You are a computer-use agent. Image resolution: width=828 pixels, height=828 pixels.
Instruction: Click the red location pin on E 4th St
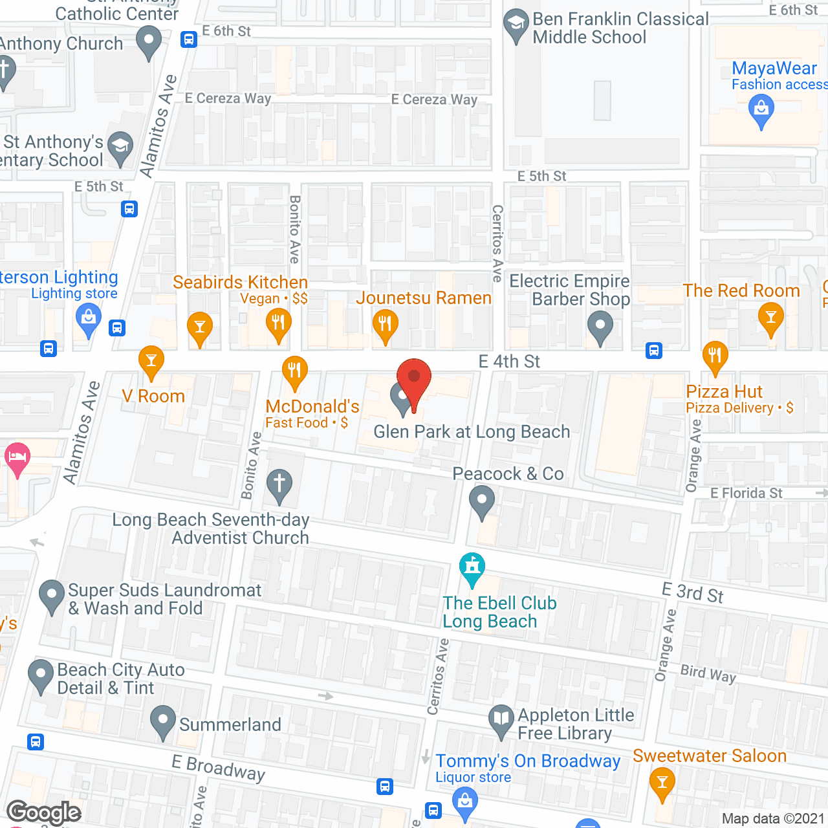[x=413, y=378]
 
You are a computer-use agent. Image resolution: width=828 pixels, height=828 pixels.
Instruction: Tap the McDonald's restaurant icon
[x=294, y=371]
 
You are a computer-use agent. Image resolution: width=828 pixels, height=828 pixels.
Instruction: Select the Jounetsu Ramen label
[x=424, y=298]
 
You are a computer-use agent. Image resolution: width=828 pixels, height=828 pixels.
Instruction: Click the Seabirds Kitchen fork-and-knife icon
[x=278, y=321]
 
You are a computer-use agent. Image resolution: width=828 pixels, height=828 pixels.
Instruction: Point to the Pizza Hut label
[x=724, y=392]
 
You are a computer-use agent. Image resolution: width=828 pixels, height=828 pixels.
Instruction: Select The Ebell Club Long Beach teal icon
[x=472, y=567]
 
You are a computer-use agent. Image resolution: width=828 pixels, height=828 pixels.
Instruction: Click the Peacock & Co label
[x=508, y=474]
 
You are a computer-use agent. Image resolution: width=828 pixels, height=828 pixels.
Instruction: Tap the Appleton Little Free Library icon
[x=501, y=719]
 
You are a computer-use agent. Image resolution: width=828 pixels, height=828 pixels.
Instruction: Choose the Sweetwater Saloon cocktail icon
[x=662, y=782]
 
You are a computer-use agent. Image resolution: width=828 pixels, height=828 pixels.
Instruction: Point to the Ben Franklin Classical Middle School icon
[x=516, y=25]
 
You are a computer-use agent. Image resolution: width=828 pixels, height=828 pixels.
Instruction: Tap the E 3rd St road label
[x=693, y=593]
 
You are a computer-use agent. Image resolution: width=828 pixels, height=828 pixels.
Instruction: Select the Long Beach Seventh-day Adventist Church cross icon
[x=279, y=483]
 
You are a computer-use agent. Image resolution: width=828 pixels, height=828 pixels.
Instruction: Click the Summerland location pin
[x=163, y=720]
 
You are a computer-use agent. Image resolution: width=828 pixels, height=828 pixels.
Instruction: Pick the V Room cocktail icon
[x=151, y=361]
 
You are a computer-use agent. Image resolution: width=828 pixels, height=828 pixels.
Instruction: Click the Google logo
[x=44, y=813]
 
